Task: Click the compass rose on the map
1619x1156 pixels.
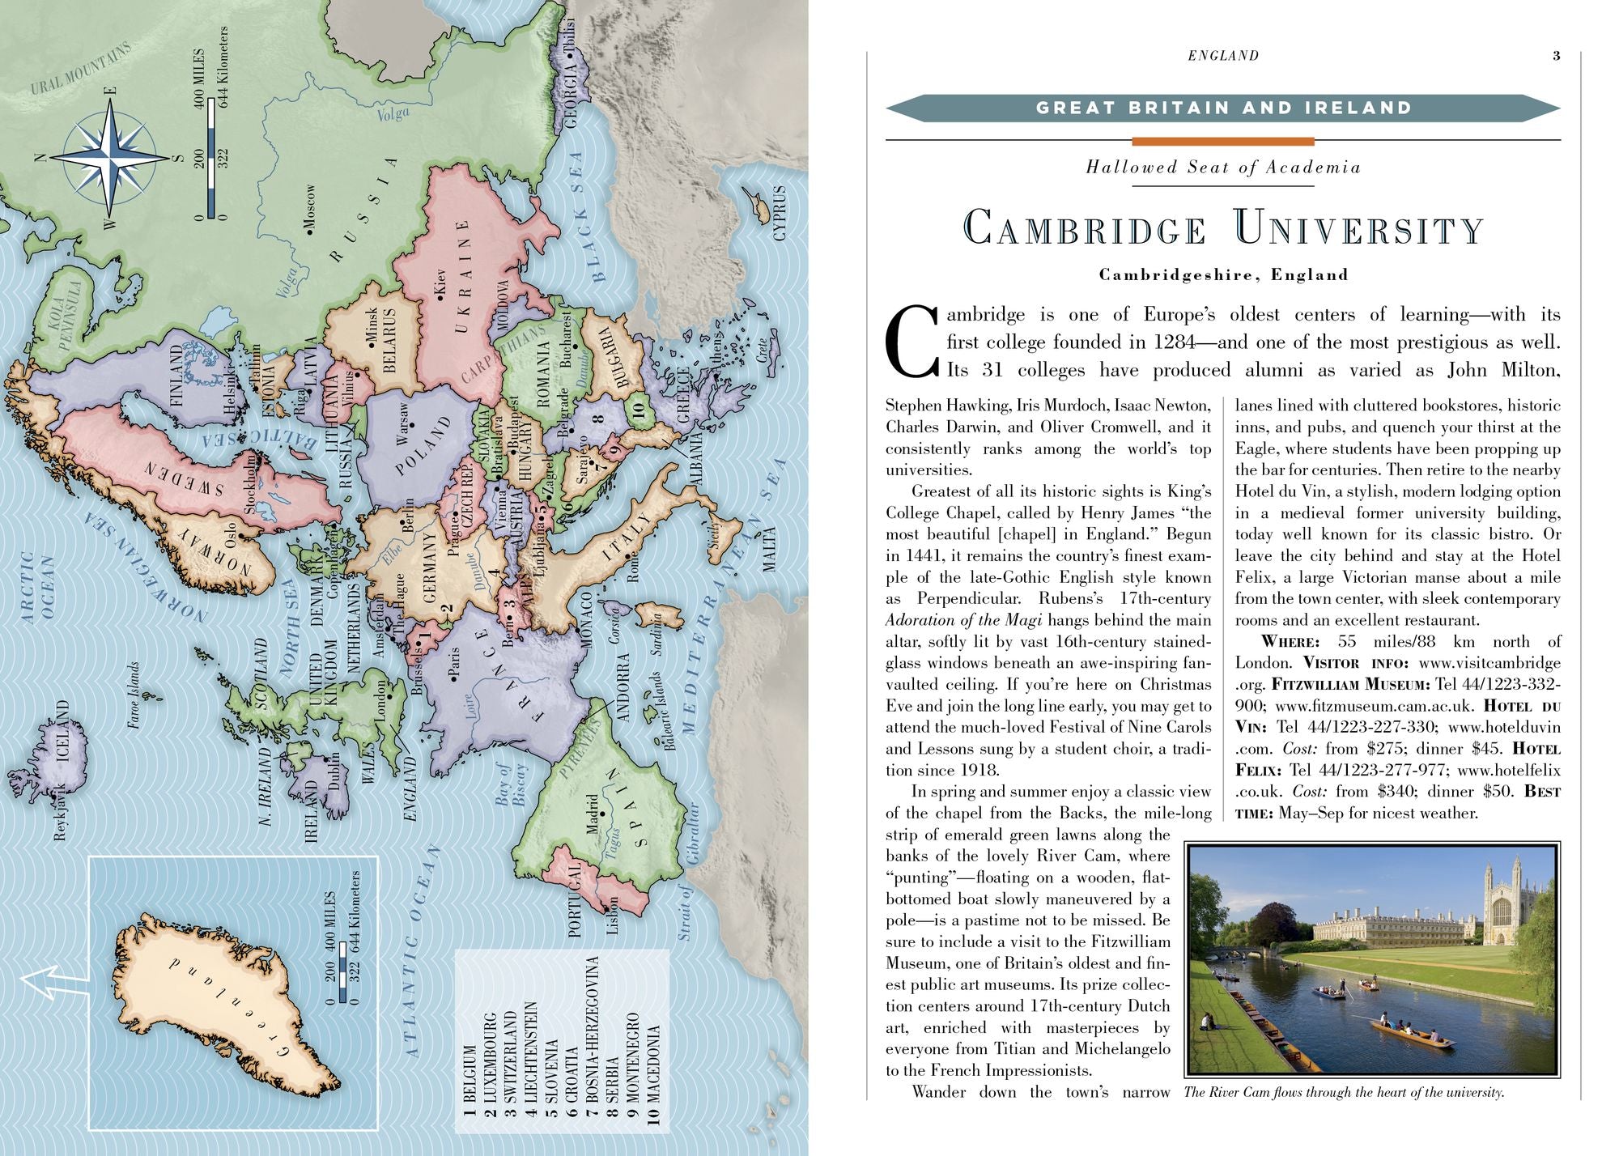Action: click(112, 158)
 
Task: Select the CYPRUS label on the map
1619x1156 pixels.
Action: click(780, 213)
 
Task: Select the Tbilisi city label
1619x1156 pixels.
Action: click(569, 37)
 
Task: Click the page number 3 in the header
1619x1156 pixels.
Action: click(1556, 56)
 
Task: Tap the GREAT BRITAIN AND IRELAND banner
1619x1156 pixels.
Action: click(1223, 108)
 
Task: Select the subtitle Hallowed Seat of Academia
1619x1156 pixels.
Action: click(1223, 168)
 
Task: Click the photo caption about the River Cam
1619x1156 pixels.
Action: click(1344, 1093)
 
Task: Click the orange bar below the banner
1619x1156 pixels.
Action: click(1222, 142)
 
